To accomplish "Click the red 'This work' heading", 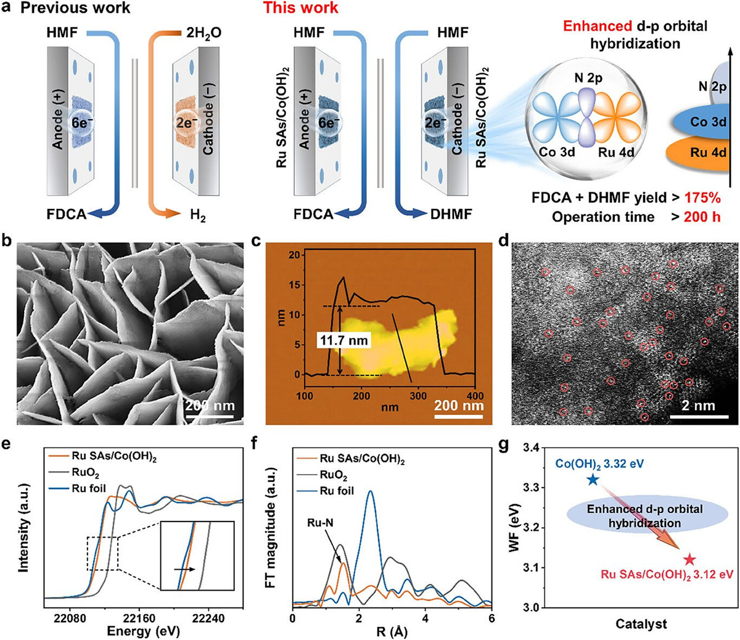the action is click(x=300, y=8).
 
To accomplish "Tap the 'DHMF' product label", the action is click(x=451, y=214).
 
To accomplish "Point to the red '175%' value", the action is click(x=702, y=198).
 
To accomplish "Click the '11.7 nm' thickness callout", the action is click(x=343, y=340).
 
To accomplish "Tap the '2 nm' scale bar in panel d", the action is click(x=699, y=416).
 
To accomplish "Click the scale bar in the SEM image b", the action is click(x=210, y=416).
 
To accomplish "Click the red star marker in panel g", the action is click(x=689, y=560).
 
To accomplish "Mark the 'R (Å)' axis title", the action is click(x=392, y=632).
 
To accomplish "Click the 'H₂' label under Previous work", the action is click(x=198, y=215).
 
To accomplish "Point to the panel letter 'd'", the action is click(x=504, y=241).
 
